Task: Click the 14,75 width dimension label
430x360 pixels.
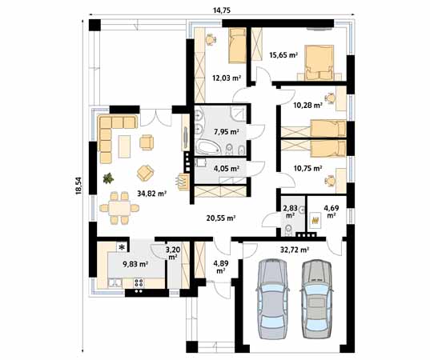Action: click(x=222, y=10)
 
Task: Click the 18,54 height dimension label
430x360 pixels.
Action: click(x=79, y=186)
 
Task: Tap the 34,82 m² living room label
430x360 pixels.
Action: click(x=152, y=194)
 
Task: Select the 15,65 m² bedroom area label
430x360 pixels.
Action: click(x=283, y=55)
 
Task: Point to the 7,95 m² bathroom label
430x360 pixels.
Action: click(x=226, y=132)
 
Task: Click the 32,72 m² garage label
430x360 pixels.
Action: click(x=295, y=250)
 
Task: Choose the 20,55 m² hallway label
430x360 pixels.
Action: click(x=221, y=218)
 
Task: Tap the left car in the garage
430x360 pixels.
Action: click(x=272, y=299)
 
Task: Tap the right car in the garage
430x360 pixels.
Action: click(x=316, y=299)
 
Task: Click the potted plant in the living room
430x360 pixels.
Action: click(x=108, y=178)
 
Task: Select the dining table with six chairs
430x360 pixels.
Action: click(x=119, y=208)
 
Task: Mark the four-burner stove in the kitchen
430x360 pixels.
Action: click(x=139, y=282)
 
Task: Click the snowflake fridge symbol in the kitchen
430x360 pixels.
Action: click(x=122, y=247)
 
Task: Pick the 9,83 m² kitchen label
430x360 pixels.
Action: click(x=136, y=264)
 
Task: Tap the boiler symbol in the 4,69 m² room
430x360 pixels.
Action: click(x=315, y=220)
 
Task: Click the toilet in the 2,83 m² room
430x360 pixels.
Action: click(x=288, y=230)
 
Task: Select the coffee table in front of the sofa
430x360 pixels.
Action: click(x=124, y=146)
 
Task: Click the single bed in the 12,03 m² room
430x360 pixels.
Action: click(x=238, y=46)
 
